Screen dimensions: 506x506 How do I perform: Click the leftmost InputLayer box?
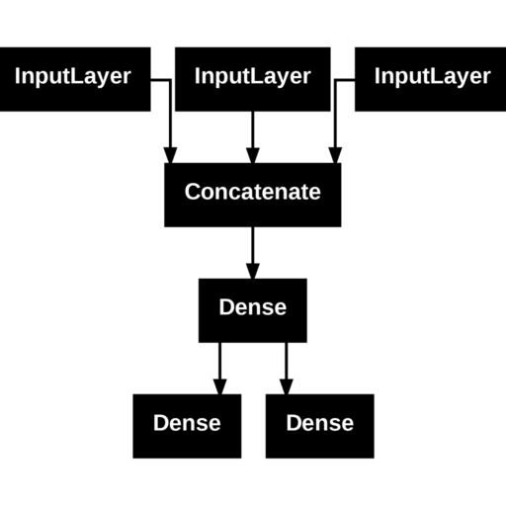[x=75, y=79]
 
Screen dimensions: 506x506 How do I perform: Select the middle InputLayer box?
[x=253, y=79]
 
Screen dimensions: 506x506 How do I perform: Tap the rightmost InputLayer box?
[x=430, y=79]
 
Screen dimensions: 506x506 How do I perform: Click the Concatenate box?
[x=253, y=195]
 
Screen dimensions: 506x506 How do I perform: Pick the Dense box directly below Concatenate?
[x=253, y=310]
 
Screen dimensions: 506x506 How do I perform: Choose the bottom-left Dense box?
[x=187, y=426]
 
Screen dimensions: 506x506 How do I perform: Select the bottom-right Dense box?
[x=320, y=426]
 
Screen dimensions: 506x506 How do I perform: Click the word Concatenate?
[x=253, y=192]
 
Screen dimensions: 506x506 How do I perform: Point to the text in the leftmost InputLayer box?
[x=73, y=76]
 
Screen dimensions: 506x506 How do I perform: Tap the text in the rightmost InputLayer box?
[x=433, y=76]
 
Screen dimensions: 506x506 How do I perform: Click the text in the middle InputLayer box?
[x=253, y=76]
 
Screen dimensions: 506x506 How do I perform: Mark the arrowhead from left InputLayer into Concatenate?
[x=170, y=155]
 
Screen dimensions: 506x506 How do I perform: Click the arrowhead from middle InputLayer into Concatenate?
[x=253, y=155]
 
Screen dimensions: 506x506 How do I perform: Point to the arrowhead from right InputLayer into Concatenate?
[x=335, y=155]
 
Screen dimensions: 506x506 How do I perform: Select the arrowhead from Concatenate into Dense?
[x=253, y=271]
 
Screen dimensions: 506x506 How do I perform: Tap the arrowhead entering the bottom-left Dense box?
[x=220, y=386]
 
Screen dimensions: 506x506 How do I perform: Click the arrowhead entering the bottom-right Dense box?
[x=287, y=386]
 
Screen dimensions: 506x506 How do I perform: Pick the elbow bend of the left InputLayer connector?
[x=170, y=80]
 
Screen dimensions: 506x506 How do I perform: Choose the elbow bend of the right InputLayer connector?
[x=335, y=80]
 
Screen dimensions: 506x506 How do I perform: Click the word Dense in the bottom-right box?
[x=320, y=423]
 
